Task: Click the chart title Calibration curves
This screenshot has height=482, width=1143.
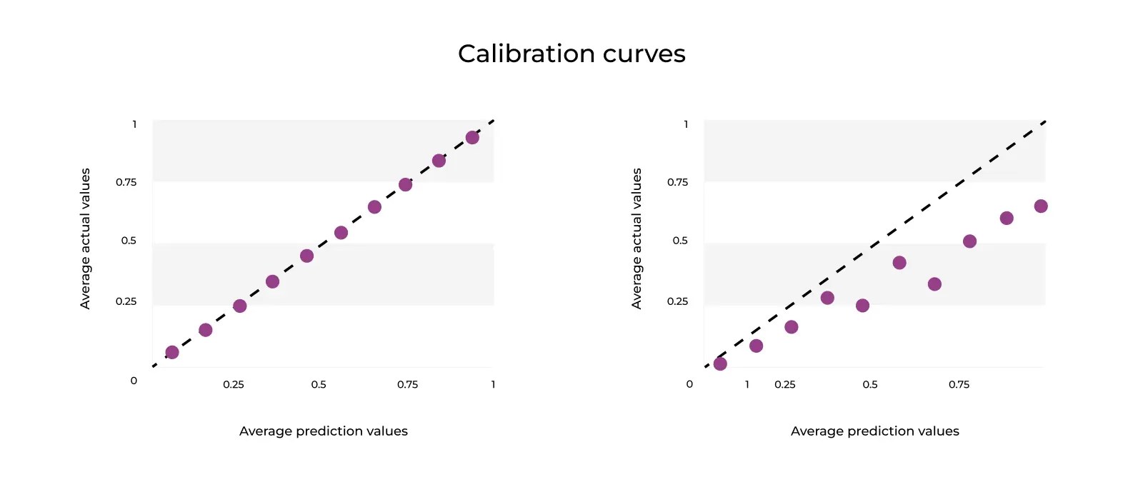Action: coord(571,54)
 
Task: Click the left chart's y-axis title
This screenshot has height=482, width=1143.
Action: coord(86,239)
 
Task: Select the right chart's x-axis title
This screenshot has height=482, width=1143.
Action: coord(874,431)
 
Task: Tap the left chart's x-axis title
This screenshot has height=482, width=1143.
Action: coord(323,431)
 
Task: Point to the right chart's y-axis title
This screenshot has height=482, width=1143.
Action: coord(637,239)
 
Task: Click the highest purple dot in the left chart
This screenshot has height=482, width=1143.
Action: coord(472,137)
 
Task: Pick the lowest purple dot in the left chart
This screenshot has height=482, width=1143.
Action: coord(172,352)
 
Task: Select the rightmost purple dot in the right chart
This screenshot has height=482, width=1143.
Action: coord(1041,206)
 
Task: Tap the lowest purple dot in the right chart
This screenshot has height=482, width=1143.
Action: coord(720,363)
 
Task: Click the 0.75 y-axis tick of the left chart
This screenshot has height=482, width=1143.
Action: coord(126,182)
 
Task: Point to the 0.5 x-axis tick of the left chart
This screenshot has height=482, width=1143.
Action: coord(319,384)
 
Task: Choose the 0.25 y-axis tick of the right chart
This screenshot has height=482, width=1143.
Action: coord(677,301)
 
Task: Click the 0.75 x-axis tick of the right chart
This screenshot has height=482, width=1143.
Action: coord(959,384)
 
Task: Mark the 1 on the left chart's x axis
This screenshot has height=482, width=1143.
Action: coord(493,384)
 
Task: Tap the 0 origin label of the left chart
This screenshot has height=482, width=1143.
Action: coord(134,381)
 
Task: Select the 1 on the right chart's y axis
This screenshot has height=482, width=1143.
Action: coord(686,124)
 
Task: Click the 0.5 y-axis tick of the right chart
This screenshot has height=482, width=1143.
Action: coord(680,241)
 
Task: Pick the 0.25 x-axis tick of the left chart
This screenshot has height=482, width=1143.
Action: coord(234,384)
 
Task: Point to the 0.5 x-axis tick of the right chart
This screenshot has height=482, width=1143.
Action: coord(870,384)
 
